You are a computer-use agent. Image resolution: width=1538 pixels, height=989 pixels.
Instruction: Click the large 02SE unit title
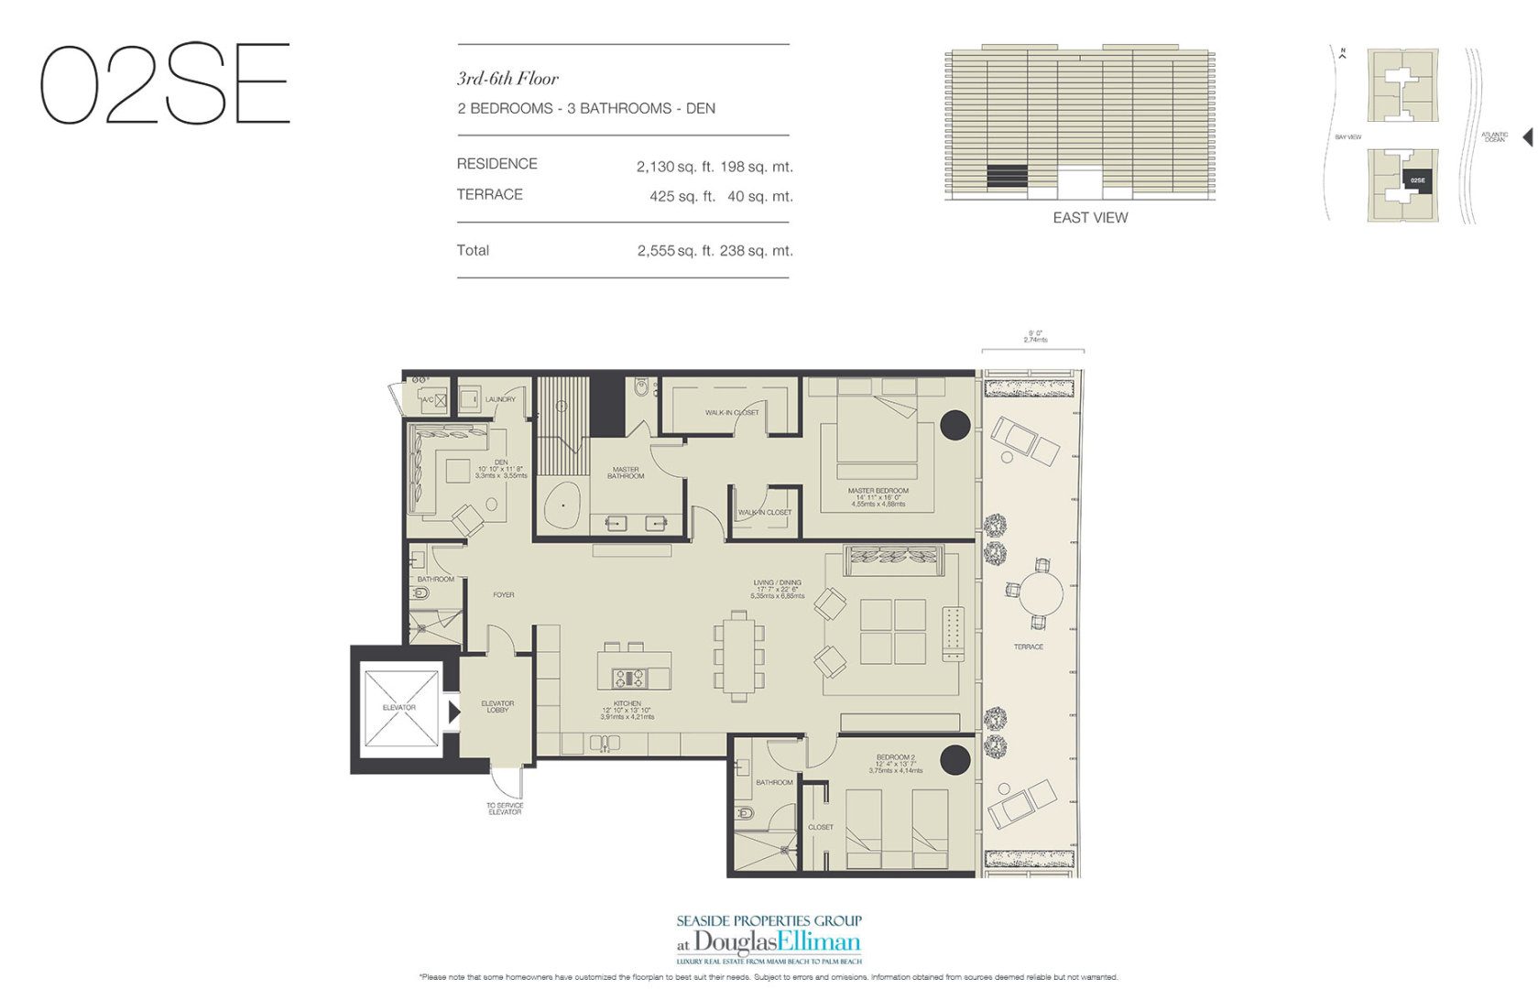(165, 84)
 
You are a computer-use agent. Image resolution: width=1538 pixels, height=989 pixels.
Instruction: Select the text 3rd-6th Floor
(507, 79)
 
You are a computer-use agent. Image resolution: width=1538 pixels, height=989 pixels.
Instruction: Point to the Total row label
(473, 250)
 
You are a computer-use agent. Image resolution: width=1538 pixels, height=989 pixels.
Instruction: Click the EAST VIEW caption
(1089, 218)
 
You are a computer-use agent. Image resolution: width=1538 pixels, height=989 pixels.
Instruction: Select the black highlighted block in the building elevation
(1007, 176)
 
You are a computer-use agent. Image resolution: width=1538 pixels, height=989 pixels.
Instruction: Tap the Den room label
(500, 462)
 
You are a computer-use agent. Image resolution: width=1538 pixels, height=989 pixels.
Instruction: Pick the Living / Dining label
(777, 582)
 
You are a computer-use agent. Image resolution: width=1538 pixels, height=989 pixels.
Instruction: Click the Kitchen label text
(627, 704)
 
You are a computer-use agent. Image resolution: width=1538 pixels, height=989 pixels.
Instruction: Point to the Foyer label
(503, 595)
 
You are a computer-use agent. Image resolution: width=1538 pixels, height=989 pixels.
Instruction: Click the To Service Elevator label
(504, 809)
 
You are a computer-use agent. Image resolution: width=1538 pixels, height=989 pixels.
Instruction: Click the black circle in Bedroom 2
(954, 759)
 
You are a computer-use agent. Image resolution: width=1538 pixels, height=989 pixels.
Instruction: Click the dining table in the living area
(739, 656)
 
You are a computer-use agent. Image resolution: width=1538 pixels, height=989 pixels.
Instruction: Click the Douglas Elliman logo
(769, 940)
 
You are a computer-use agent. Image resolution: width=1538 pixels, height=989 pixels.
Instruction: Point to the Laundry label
(500, 399)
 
